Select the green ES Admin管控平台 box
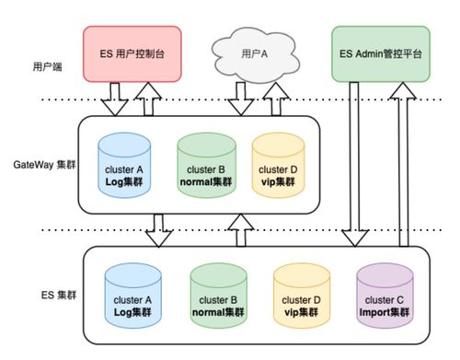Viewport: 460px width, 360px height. pyautogui.click(x=380, y=52)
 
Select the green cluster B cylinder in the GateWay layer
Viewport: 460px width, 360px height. pyautogui.click(x=207, y=163)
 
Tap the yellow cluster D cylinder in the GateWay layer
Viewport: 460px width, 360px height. pyautogui.click(x=278, y=163)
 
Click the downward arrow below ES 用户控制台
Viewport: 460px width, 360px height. pyautogui.click(x=115, y=99)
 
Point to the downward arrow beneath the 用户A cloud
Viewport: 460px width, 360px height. pyautogui.click(x=242, y=99)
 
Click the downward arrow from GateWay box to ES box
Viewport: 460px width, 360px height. pyautogui.click(x=159, y=230)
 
